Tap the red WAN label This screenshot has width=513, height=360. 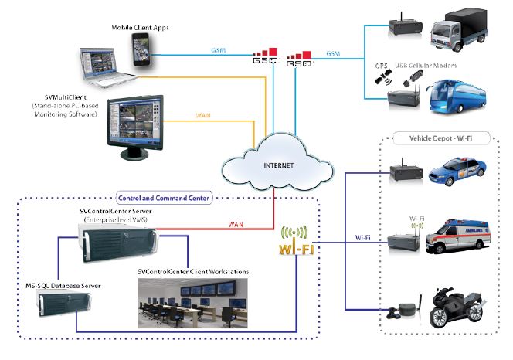pos(238,224)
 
